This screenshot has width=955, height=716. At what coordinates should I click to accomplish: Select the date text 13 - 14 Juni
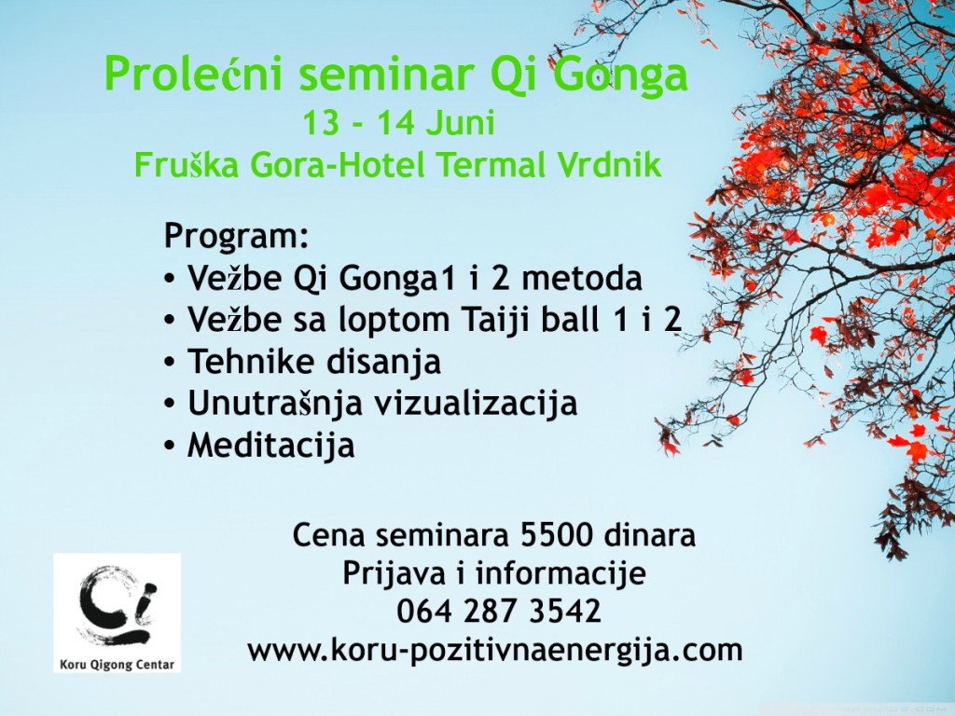(x=397, y=125)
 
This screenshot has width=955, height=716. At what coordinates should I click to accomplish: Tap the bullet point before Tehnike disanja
(x=169, y=363)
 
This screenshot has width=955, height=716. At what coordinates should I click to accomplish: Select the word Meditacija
(x=270, y=445)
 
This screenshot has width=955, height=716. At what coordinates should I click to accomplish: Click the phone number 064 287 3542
(x=498, y=612)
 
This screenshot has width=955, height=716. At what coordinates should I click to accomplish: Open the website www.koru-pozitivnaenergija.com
(x=494, y=650)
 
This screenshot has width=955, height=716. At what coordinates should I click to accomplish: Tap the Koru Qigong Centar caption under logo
(x=117, y=665)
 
